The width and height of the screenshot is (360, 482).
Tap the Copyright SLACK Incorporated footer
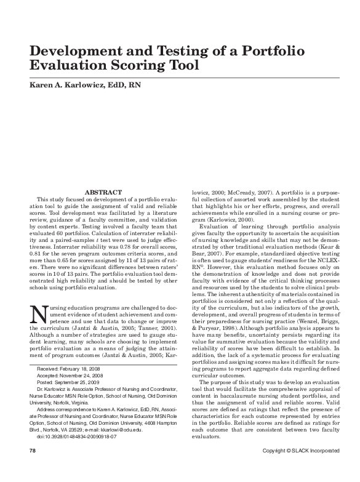pyautogui.click(x=300, y=468)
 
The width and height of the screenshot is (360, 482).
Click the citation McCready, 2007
pyautogui.click(x=244, y=193)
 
